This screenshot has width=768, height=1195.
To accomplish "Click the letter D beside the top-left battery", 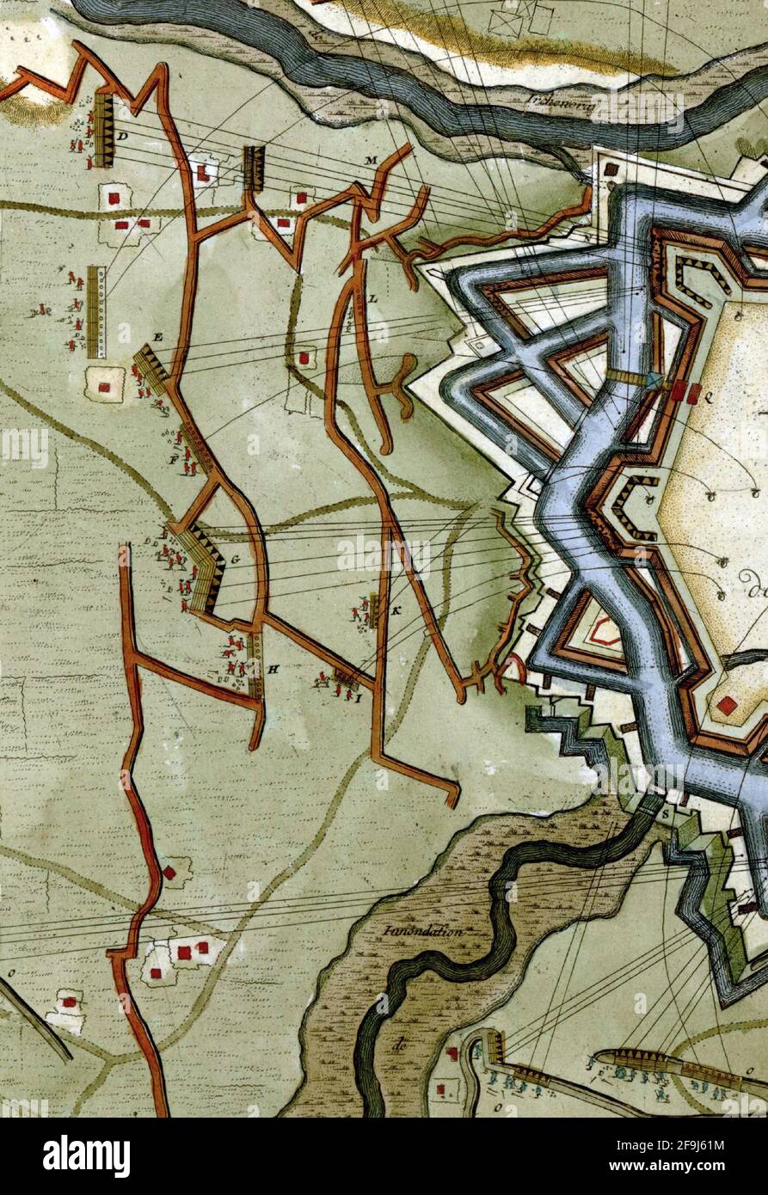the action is tap(123, 137).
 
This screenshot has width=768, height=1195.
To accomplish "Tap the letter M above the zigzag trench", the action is tap(372, 161).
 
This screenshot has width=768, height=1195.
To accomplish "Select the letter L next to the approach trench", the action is tap(373, 298).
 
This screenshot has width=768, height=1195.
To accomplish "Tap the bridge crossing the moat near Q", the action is tap(633, 377).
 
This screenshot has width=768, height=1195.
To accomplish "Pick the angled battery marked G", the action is tap(202, 563).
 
